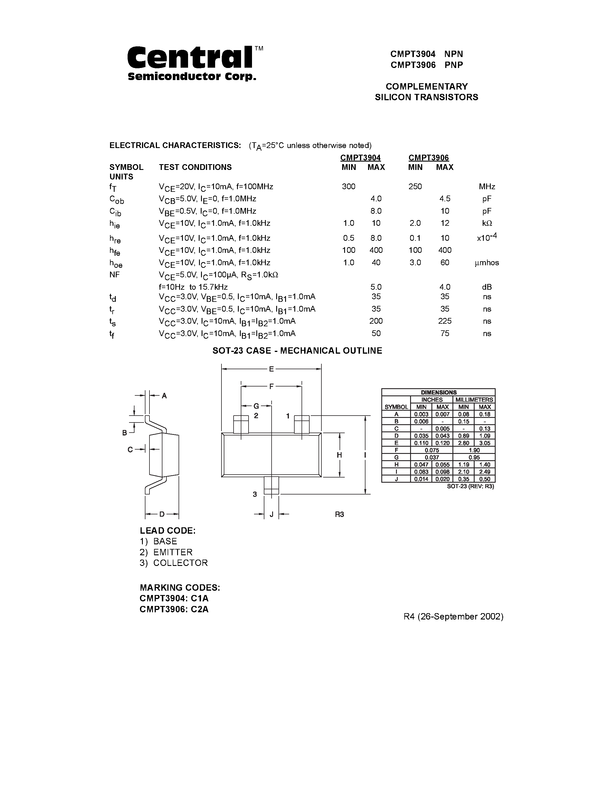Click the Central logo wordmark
(x=190, y=58)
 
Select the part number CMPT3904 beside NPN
(x=413, y=54)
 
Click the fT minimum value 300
(x=348, y=186)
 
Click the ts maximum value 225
(x=444, y=321)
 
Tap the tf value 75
(x=444, y=333)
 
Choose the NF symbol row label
(x=115, y=274)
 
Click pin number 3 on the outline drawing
(x=255, y=494)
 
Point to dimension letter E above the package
(x=271, y=369)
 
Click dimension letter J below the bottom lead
(x=271, y=514)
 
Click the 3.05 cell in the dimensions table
(x=484, y=443)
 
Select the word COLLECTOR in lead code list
(x=180, y=563)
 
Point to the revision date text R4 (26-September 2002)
(x=453, y=617)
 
